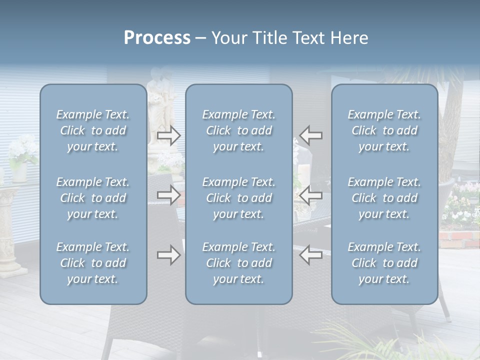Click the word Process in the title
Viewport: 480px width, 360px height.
point(157,38)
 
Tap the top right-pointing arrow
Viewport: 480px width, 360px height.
point(168,135)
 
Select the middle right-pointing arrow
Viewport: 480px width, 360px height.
point(168,195)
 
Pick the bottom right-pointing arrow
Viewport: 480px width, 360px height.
point(168,255)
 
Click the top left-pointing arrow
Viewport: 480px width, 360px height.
point(311,135)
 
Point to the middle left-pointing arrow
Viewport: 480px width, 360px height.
point(311,195)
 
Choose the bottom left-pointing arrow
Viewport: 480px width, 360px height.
point(311,255)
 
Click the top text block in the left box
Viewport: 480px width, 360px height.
point(93,130)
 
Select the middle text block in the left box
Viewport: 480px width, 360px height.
point(93,198)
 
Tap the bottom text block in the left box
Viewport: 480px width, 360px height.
point(93,263)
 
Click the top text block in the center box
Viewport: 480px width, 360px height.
point(238,130)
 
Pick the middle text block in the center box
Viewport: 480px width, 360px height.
point(238,198)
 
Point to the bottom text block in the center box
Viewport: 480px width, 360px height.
point(238,263)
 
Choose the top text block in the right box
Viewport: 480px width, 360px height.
point(384,130)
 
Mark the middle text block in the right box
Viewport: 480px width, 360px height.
point(384,198)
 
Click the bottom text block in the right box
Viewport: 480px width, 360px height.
point(384,263)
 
